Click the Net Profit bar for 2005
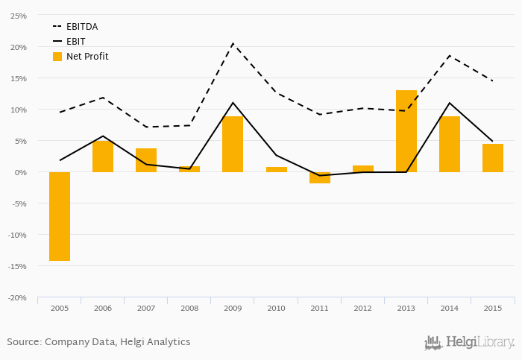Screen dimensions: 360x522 60,216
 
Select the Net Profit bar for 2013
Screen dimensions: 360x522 406,131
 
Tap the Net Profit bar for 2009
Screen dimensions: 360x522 233,144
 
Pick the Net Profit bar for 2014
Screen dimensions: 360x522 450,144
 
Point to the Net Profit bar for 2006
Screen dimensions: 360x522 103,157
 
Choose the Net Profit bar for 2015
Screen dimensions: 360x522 493,158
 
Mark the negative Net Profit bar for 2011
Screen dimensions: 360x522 320,177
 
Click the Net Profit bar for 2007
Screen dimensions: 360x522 146,160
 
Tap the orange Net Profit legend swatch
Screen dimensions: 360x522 57,56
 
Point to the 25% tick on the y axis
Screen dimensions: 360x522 19,16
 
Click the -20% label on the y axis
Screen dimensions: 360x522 17,297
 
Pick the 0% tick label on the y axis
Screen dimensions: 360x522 20,172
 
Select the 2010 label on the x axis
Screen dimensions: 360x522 276,308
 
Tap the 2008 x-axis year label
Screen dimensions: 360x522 189,308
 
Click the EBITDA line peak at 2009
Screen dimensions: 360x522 233,43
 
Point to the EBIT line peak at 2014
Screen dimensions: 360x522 450,103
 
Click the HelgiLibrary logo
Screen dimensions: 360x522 470,343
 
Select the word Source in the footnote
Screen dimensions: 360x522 24,342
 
